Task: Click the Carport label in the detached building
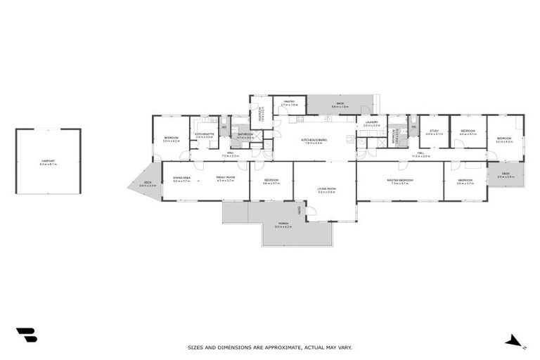[x=49, y=162]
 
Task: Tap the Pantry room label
[x=289, y=102]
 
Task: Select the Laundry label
[x=372, y=122]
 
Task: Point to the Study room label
[x=434, y=130]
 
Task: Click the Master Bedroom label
[x=400, y=180]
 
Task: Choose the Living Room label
[x=326, y=188]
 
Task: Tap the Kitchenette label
[x=204, y=134]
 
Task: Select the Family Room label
[x=226, y=177]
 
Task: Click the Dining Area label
[x=181, y=177]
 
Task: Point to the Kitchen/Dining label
[x=314, y=140]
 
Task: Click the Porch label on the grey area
[x=283, y=224]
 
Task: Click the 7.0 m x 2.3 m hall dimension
[x=231, y=156]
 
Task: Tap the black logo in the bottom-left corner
[x=26, y=335]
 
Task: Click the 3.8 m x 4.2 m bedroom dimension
[x=172, y=141]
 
